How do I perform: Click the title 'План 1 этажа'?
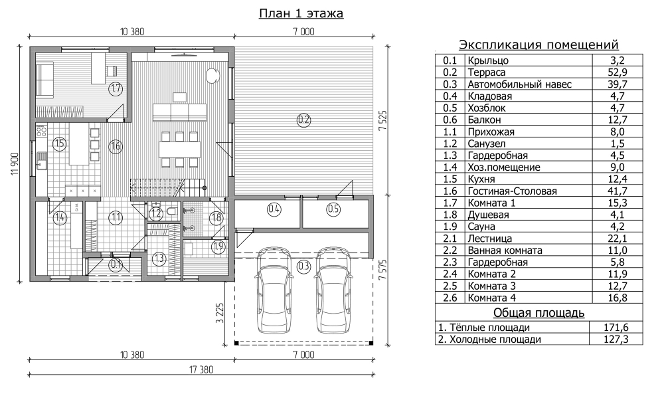tap(301, 13)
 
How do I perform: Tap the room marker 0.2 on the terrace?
tap(303, 120)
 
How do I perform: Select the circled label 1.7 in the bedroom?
tap(116, 88)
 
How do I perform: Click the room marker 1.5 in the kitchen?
tap(60, 144)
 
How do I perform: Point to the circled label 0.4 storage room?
tap(274, 209)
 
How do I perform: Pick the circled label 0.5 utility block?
tap(333, 209)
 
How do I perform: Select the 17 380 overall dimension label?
tap(201, 369)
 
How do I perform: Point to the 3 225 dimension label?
tap(219, 313)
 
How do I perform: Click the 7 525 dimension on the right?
tap(382, 120)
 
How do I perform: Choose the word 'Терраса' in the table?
tap(487, 72)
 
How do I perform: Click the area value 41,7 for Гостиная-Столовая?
tap(617, 191)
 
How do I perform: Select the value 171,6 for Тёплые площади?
tap(616, 328)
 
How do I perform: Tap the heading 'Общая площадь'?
tap(539, 313)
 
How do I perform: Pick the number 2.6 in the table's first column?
tap(450, 298)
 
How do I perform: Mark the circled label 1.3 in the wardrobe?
tap(159, 258)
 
